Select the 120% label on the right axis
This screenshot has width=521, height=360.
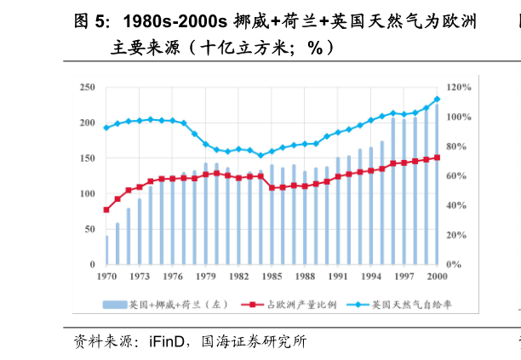pyautogui.click(x=459, y=88)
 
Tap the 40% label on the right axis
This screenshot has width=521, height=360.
pyautogui.click(x=456, y=205)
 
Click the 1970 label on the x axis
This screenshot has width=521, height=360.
pyautogui.click(x=106, y=277)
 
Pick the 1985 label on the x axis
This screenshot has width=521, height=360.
pyautogui.click(x=272, y=277)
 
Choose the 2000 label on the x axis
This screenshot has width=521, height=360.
pyautogui.click(x=437, y=277)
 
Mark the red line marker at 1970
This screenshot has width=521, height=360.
pyautogui.click(x=106, y=209)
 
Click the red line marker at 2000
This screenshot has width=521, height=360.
pyautogui.click(x=437, y=157)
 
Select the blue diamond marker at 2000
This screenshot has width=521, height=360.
pyautogui.click(x=437, y=99)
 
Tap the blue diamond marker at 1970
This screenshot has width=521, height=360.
pyautogui.click(x=106, y=128)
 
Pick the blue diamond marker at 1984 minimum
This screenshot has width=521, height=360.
pyautogui.click(x=260, y=155)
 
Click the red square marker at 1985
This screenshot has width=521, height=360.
pyautogui.click(x=272, y=187)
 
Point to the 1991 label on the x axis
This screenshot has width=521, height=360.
pyautogui.click(x=338, y=277)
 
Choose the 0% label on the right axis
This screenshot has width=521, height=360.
pyautogui.click(x=454, y=265)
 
